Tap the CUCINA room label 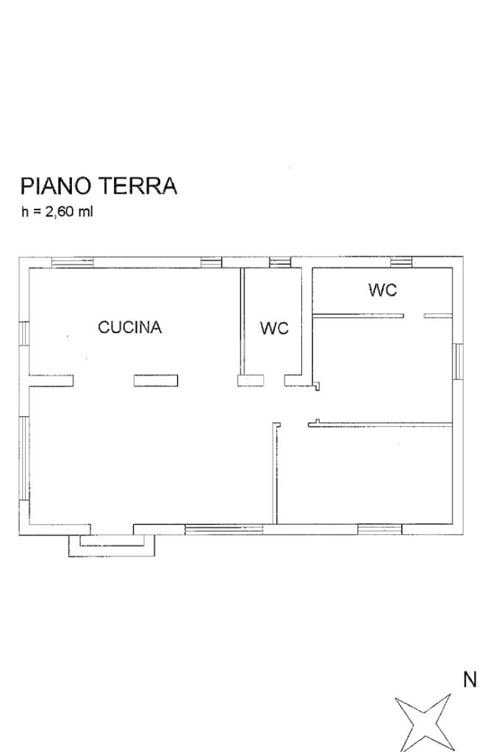[x=129, y=327]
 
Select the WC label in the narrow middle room [x=274, y=328]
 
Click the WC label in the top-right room [x=383, y=290]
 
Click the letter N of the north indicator [x=470, y=679]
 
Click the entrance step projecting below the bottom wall [x=112, y=545]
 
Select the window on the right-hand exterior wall [x=458, y=361]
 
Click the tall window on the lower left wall [x=24, y=459]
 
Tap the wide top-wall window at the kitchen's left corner [x=73, y=262]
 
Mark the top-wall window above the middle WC [x=280, y=262]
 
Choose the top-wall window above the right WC [x=401, y=262]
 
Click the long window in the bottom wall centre [x=224, y=529]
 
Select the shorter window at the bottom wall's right [x=380, y=529]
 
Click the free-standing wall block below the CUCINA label [x=156, y=380]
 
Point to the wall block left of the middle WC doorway [x=251, y=380]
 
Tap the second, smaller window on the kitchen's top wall [x=211, y=262]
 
